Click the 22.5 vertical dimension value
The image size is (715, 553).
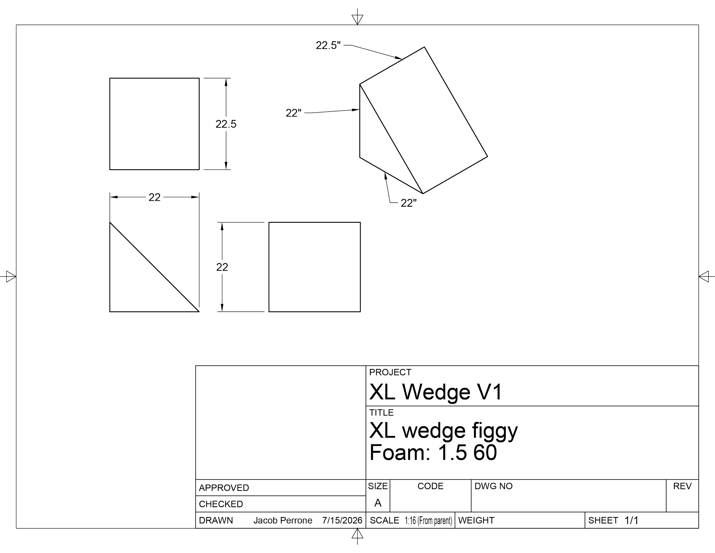point(226,124)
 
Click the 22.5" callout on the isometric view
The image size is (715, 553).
point(328,45)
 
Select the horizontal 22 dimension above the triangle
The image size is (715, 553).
point(154,197)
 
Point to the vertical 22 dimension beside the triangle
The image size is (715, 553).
point(222,267)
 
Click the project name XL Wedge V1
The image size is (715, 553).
point(435,392)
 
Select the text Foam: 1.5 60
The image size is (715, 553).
point(433,453)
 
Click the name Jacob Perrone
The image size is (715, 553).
point(283,521)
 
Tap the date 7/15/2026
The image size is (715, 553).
point(342,521)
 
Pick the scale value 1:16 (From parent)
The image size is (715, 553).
point(428,521)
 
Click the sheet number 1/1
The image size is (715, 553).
point(631,521)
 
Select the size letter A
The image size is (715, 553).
point(378,503)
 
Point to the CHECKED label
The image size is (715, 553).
point(221,504)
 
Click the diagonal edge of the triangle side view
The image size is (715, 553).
point(154,267)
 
